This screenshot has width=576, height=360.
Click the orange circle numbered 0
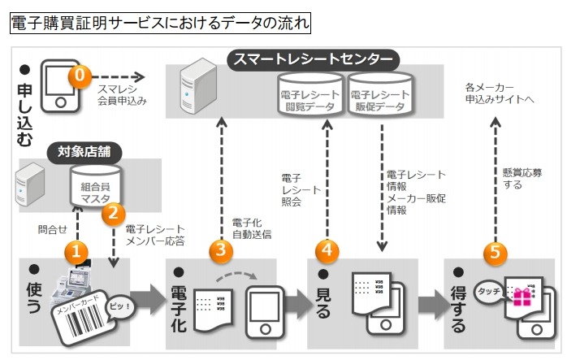click(x=79, y=76)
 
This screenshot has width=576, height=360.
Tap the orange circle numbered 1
click(x=76, y=251)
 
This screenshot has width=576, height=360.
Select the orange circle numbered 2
click(x=113, y=214)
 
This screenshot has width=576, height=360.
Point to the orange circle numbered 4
click(x=327, y=251)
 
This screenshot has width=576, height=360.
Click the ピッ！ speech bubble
click(x=119, y=305)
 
